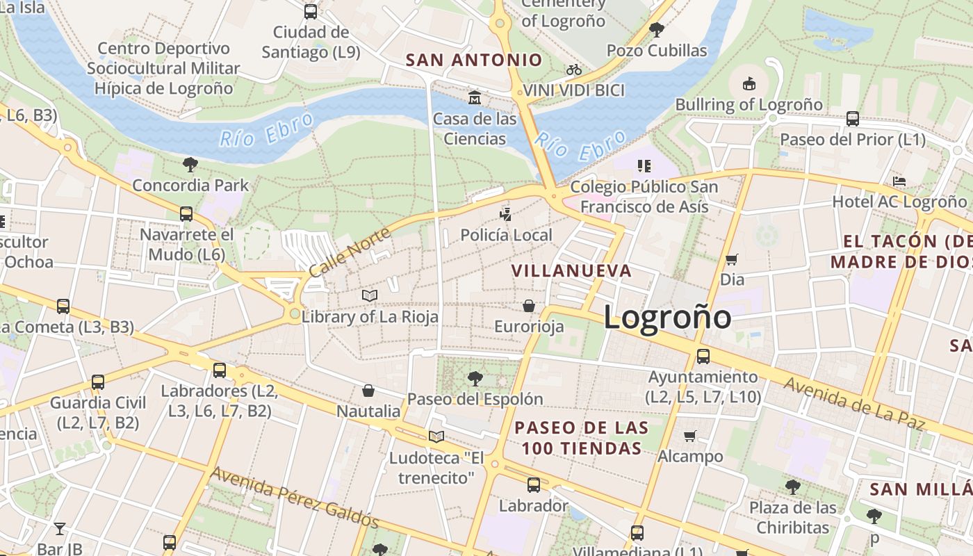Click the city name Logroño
(x=667, y=318)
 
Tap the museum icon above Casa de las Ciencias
(x=475, y=97)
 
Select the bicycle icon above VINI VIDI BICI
(x=573, y=69)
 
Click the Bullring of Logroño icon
(x=749, y=84)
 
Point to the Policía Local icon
(x=506, y=214)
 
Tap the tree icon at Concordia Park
(x=190, y=165)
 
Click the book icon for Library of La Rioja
(x=370, y=296)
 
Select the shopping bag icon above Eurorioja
(x=529, y=306)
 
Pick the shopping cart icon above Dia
(x=731, y=259)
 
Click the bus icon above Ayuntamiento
(x=703, y=357)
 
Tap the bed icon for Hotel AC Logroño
(x=899, y=181)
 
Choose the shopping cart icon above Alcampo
(x=689, y=436)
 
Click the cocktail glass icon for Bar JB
(x=60, y=529)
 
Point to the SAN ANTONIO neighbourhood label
(x=473, y=60)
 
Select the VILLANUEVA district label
(x=571, y=270)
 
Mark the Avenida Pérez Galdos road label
(x=295, y=498)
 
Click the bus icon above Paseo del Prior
(x=853, y=119)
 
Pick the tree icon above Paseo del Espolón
(x=475, y=379)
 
